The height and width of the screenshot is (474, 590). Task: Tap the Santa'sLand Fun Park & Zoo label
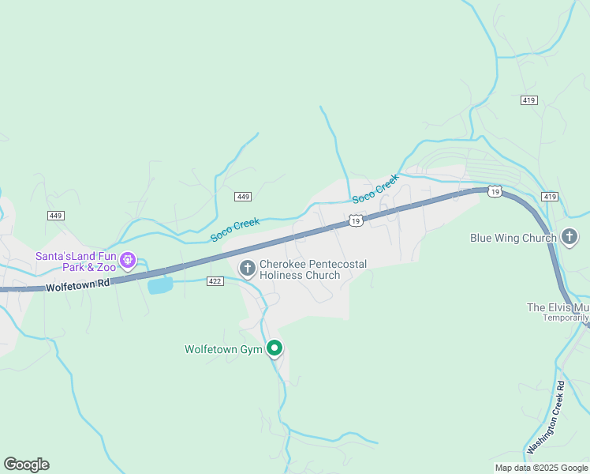[76, 261]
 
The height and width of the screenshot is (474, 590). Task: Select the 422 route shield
[215, 280]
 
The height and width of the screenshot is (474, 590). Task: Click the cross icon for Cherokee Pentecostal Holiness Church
[248, 269]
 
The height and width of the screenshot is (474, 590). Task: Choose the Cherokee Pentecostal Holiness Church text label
[312, 269]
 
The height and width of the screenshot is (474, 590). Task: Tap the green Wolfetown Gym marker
[274, 348]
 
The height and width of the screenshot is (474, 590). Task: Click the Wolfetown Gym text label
[224, 348]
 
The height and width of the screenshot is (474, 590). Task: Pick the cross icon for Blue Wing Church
[569, 237]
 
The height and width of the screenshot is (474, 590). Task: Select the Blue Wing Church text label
[513, 238]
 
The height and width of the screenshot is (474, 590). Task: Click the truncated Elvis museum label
[558, 307]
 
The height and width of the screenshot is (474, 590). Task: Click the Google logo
[26, 465]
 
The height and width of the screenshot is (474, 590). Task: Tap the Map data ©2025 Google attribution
[542, 468]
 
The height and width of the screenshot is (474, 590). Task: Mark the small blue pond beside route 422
[160, 285]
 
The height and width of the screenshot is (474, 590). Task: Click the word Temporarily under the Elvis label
[566, 318]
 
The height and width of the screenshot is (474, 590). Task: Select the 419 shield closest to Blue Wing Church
[550, 196]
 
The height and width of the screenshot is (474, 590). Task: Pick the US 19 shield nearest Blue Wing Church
[494, 191]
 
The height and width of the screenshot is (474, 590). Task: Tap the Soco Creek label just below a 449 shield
[234, 230]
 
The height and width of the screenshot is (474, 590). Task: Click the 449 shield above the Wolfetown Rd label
[55, 216]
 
